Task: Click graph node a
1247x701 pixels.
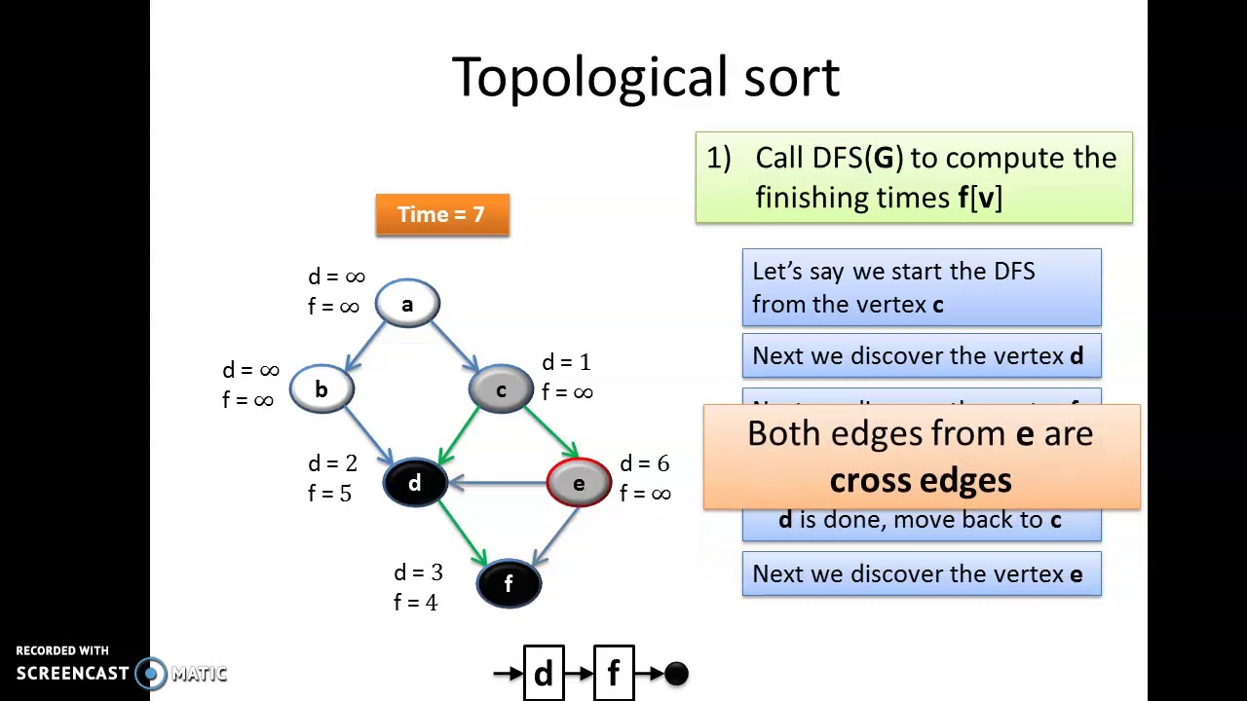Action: tap(407, 304)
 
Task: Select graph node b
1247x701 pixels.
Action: tap(321, 389)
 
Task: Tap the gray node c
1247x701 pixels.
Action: tap(501, 389)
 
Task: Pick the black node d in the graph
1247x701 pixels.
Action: tap(415, 483)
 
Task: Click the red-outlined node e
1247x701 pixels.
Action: tap(579, 483)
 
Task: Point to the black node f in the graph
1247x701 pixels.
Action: tap(509, 583)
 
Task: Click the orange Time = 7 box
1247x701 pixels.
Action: tap(442, 214)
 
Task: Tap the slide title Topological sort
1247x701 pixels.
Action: tap(645, 77)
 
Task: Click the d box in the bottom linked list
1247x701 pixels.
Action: tap(544, 673)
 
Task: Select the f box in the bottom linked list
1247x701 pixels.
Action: tap(614, 673)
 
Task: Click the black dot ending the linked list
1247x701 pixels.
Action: tap(676, 673)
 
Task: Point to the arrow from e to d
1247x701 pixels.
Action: tap(497, 483)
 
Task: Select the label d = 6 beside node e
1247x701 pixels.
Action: tap(644, 463)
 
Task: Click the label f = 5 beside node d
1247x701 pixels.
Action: tap(329, 494)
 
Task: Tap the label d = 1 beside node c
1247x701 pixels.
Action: tap(566, 362)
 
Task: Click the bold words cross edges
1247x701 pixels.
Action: tap(921, 480)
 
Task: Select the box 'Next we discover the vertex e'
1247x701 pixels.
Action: tap(921, 574)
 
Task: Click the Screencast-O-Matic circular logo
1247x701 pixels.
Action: tap(150, 673)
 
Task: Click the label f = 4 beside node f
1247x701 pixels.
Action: tap(415, 603)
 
